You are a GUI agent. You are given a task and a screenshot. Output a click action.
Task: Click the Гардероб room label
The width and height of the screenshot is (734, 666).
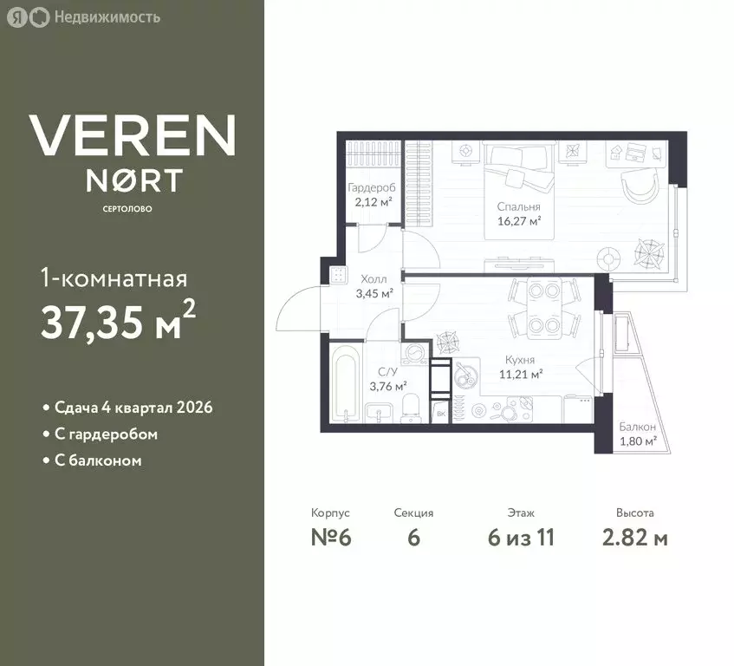coord(372,188)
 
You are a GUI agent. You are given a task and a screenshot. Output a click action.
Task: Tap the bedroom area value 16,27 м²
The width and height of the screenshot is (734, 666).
coord(519,221)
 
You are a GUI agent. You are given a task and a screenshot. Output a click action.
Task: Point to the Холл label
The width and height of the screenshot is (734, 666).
coord(373,279)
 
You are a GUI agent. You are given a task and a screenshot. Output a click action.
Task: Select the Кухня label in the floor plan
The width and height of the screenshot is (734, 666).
coord(520,360)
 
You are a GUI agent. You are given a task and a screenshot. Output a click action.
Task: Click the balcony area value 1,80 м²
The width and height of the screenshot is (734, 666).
coord(638,441)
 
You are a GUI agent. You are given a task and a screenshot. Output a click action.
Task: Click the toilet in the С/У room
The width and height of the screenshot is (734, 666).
coord(412,408)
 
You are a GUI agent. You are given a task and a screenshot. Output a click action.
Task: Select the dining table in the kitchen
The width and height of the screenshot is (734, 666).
coord(544,308)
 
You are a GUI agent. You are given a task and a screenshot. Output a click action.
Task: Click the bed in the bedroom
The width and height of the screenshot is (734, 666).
coord(519,191)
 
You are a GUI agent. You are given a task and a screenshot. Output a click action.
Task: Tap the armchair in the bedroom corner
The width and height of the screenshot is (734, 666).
coord(639,186)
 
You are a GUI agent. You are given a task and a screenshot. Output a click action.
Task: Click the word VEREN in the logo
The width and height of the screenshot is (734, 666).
coord(133,135)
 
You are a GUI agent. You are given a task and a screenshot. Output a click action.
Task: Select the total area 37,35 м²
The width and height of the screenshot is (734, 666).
coord(118,320)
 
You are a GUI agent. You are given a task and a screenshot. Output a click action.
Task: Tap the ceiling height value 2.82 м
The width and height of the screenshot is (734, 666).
coord(634,537)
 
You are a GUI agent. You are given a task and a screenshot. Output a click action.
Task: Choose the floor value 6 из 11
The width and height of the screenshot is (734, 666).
coord(521,537)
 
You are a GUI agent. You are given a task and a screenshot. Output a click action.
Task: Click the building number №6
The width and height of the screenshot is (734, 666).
coord(331,537)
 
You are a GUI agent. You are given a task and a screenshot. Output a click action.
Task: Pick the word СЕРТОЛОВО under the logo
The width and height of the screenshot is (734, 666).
coord(127,209)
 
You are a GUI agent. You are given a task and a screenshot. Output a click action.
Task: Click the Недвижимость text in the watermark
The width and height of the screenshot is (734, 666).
coord(107,17)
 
